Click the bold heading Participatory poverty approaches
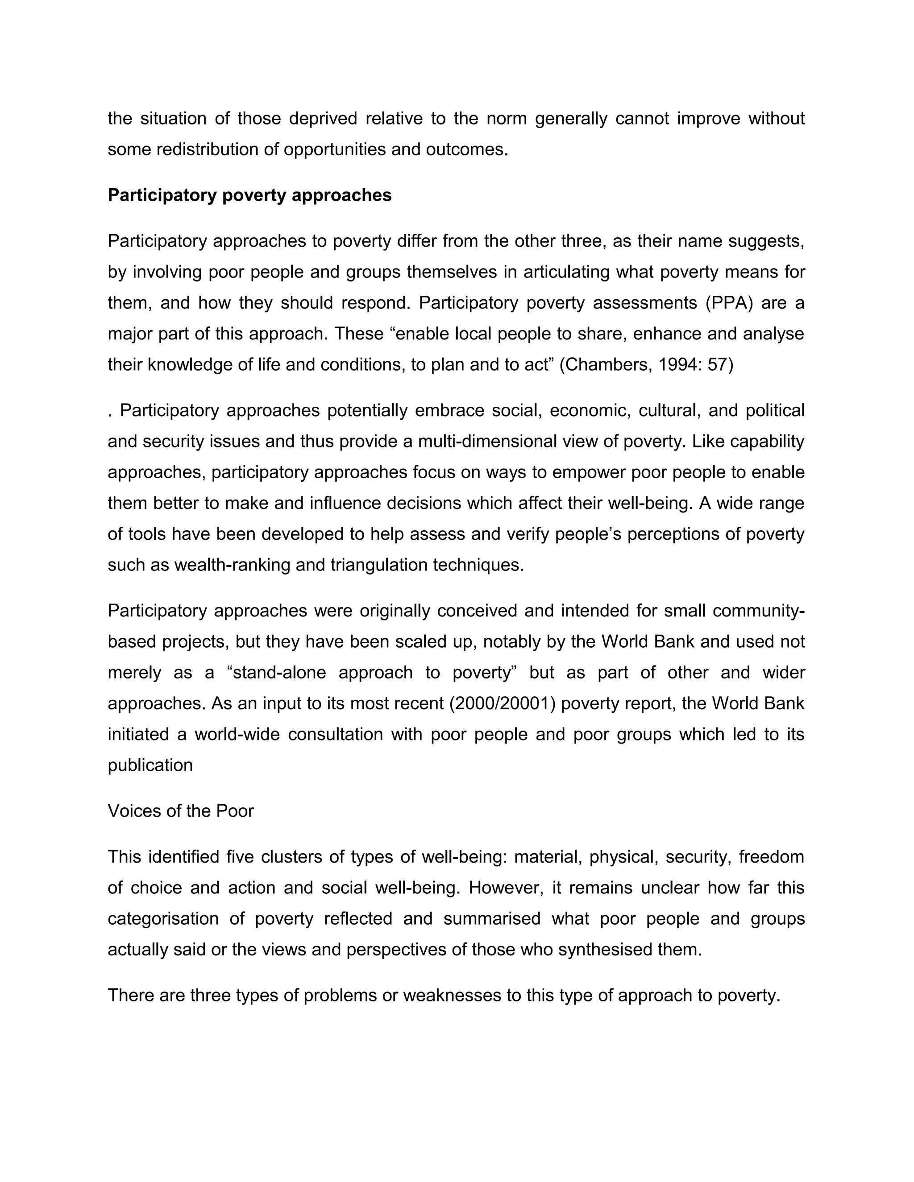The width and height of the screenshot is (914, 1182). click(249, 195)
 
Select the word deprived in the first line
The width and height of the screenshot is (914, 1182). click(323, 119)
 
